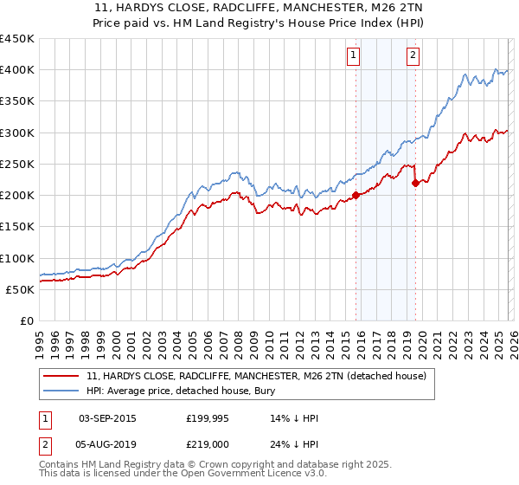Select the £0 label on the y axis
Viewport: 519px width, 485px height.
[26, 321]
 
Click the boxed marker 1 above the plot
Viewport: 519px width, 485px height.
[355, 56]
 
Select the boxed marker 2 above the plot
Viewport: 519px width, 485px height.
[413, 56]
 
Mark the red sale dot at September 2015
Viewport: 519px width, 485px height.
[356, 195]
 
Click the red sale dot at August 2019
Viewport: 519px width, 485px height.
[415, 183]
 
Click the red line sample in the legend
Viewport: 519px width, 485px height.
[61, 377]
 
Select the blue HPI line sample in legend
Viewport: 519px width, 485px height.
[61, 391]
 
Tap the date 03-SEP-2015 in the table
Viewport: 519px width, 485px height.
[107, 418]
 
